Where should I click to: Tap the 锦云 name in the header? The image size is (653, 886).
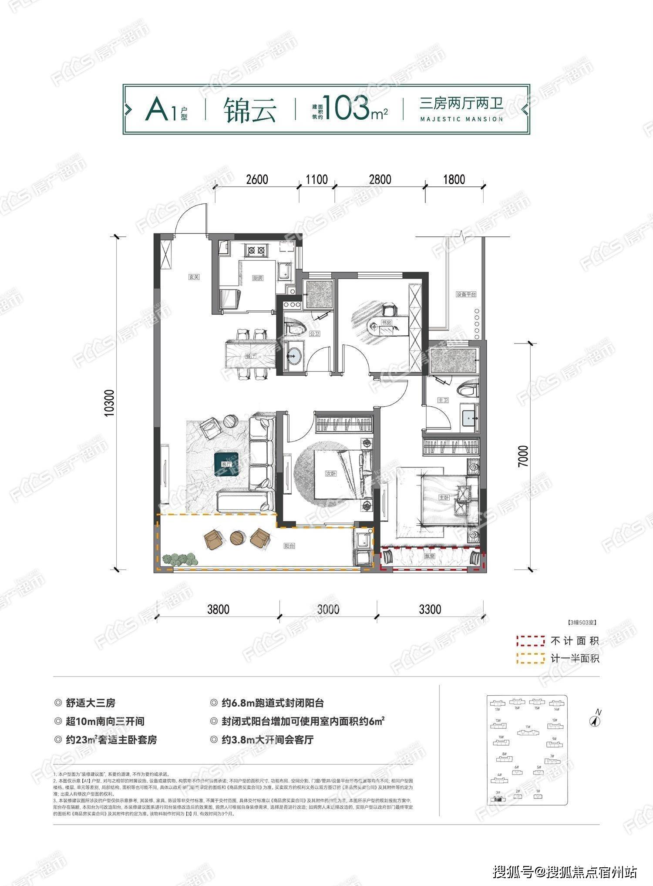point(250,111)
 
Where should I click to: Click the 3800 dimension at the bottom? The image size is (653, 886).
point(218,609)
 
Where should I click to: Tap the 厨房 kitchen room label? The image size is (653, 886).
point(258,278)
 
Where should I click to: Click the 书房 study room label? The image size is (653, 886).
point(386,323)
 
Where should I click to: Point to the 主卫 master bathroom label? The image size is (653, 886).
point(443,400)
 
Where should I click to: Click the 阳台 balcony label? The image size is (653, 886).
point(289,546)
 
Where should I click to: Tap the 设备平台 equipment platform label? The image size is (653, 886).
point(466,294)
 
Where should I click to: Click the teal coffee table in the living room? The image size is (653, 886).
point(226,463)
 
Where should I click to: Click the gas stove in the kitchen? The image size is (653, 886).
point(256,250)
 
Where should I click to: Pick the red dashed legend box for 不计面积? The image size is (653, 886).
point(530,641)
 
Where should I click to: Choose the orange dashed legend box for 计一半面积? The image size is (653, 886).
point(530,658)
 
